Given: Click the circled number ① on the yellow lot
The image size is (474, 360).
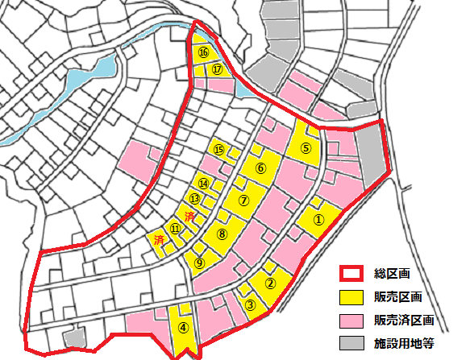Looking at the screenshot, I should coord(318,217).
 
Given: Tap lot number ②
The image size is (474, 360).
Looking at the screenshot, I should coord(271,283).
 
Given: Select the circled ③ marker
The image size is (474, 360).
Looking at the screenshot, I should coord(251,304).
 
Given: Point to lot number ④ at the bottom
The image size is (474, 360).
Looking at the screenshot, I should coord(184,328).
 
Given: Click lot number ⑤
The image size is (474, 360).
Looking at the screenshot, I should coord(306,148).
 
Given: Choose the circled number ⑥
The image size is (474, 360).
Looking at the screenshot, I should coord(260,168).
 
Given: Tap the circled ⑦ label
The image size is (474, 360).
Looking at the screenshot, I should coord(244,198).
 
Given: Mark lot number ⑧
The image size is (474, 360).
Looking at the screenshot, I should coord(222,234).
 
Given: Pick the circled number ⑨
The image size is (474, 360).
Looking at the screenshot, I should coord(200,261).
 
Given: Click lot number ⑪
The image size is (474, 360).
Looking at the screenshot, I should coord(174,228).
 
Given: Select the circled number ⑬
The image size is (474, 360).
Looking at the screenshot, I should coord(194,198).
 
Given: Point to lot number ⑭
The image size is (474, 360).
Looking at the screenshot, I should coord(204,184).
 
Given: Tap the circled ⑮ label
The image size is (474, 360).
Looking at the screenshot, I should coord(218,150).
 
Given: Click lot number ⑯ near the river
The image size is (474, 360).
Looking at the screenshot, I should coord(203,52).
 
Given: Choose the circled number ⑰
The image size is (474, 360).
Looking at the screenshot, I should coord(217,69).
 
